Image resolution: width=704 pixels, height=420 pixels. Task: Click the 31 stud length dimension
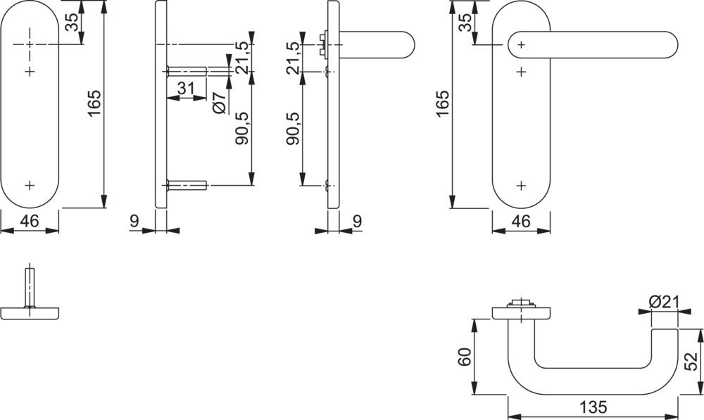[x=185, y=89]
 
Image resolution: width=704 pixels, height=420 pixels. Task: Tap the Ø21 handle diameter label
[x=665, y=302]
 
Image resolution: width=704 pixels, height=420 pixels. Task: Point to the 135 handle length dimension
[x=593, y=407]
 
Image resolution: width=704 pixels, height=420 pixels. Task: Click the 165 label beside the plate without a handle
[x=94, y=103]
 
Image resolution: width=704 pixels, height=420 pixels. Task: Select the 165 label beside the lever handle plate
[x=442, y=103]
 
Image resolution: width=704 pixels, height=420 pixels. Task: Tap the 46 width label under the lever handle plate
[x=521, y=221]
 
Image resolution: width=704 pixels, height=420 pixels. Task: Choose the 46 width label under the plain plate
[x=29, y=221]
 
